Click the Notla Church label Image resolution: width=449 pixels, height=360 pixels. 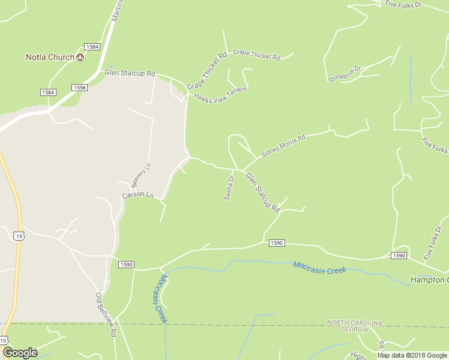[x=50, y=58]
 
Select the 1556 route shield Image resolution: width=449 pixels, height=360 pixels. [x=79, y=88]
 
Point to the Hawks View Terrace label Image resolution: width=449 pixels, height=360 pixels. [x=220, y=93]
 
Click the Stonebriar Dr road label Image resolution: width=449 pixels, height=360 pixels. [x=345, y=74]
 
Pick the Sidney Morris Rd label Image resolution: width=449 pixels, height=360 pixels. [x=283, y=146]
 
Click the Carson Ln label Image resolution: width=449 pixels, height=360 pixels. [x=138, y=196]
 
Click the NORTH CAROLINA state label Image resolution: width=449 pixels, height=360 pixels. [x=354, y=323]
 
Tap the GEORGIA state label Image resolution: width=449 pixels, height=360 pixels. [x=354, y=329]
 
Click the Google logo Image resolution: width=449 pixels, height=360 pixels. [x=20, y=353]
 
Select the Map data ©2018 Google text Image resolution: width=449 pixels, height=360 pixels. [x=412, y=355]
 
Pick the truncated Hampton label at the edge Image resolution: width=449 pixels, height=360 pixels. [x=429, y=280]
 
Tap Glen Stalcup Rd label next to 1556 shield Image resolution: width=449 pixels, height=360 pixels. [x=130, y=73]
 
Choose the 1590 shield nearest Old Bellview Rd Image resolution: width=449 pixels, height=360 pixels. [x=126, y=265]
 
